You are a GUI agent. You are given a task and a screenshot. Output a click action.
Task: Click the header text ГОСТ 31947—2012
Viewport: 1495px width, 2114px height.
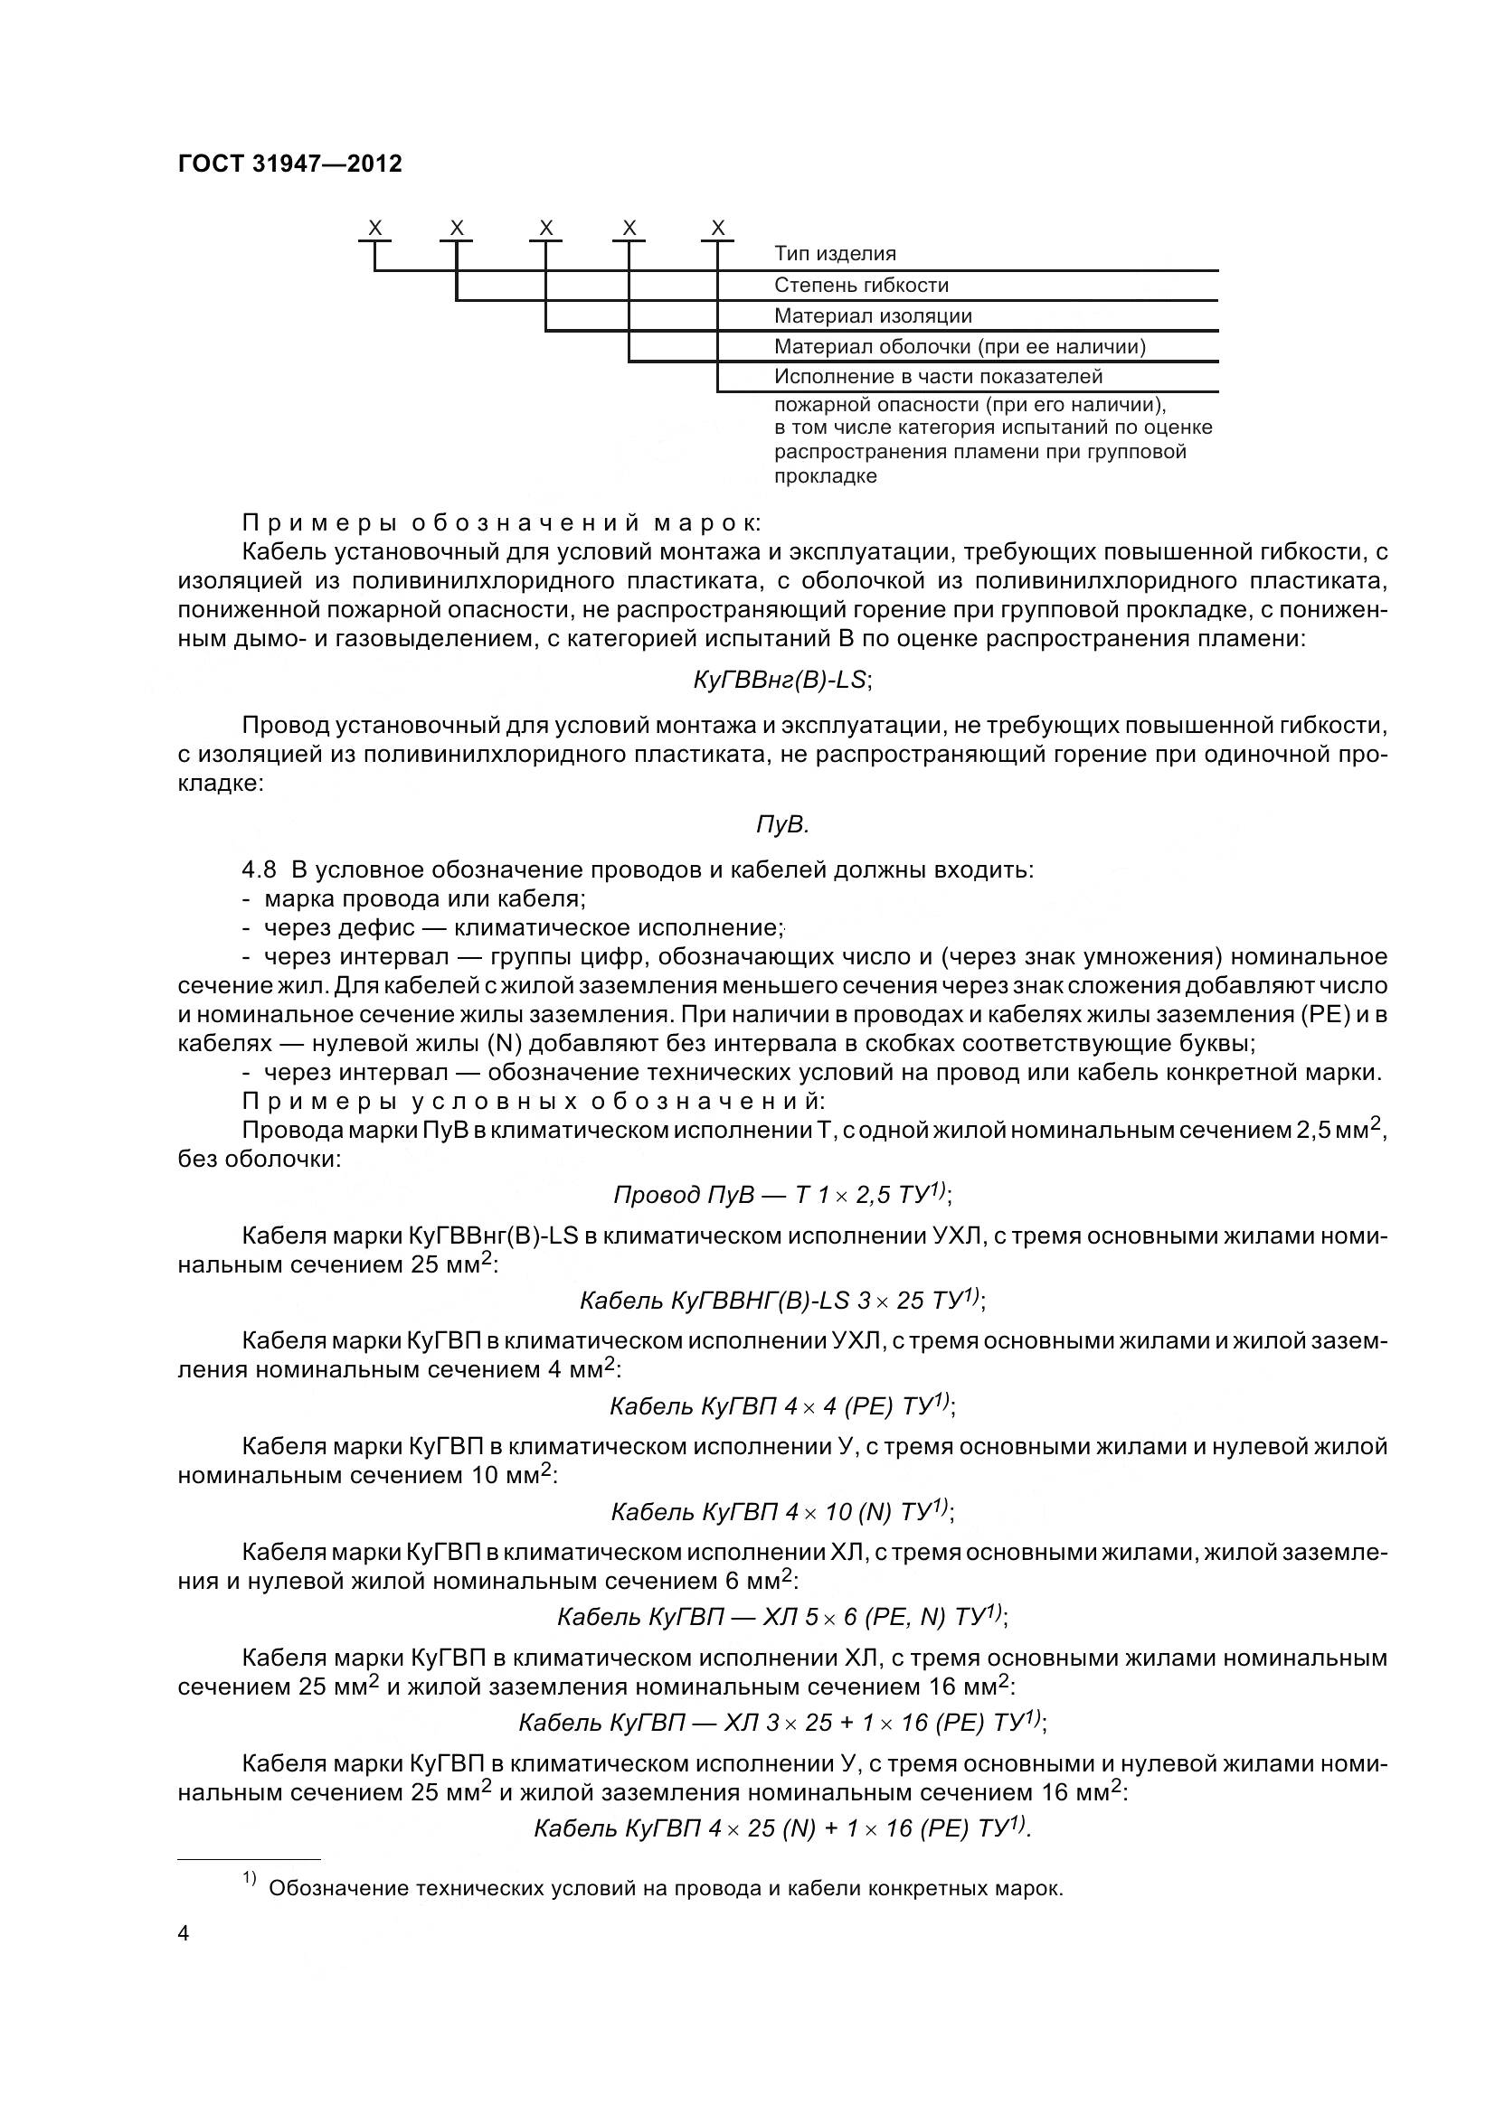pyautogui.click(x=290, y=164)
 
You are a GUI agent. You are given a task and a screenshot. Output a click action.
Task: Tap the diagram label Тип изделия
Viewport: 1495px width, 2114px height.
pyautogui.click(x=835, y=253)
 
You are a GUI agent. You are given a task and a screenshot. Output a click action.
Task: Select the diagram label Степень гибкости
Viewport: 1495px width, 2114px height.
pyautogui.click(x=860, y=285)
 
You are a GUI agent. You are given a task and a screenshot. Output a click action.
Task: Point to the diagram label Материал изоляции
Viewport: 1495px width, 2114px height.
pyautogui.click(x=873, y=315)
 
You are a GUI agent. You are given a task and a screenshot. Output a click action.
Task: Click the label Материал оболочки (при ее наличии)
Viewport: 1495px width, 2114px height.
pyautogui.click(x=959, y=346)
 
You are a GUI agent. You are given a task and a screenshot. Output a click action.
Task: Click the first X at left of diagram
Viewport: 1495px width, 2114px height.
pyautogui.click(x=375, y=228)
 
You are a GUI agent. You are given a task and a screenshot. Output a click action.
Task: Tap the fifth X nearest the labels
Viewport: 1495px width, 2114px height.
pyautogui.click(x=718, y=228)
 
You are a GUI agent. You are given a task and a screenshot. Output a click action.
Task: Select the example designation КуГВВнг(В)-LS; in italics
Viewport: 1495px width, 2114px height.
pyautogui.click(x=782, y=680)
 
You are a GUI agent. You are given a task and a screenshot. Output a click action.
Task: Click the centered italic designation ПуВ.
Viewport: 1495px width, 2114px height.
pyautogui.click(x=782, y=825)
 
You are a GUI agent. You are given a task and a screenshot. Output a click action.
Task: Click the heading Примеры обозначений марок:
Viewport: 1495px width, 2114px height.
pyautogui.click(x=502, y=523)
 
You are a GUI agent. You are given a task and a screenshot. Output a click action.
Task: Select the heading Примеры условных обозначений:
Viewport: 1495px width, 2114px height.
pyautogui.click(x=535, y=1101)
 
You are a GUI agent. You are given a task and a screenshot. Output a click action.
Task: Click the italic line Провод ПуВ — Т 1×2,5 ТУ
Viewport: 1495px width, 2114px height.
pyautogui.click(x=782, y=1195)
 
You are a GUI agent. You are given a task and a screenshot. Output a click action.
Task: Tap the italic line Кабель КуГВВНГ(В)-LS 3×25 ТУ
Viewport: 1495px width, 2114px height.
pyautogui.click(x=782, y=1300)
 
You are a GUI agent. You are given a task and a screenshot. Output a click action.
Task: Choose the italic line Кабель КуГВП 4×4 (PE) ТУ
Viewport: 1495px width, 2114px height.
pyautogui.click(x=782, y=1406)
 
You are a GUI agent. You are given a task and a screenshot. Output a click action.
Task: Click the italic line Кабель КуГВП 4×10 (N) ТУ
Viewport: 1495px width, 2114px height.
pyautogui.click(x=782, y=1512)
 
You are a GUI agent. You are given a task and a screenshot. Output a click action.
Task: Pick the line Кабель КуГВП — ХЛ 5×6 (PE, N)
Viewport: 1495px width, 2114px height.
pyautogui.click(x=782, y=1617)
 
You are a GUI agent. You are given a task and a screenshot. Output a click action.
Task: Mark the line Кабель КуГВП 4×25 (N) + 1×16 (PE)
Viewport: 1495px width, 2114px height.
pyautogui.click(x=782, y=1827)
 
